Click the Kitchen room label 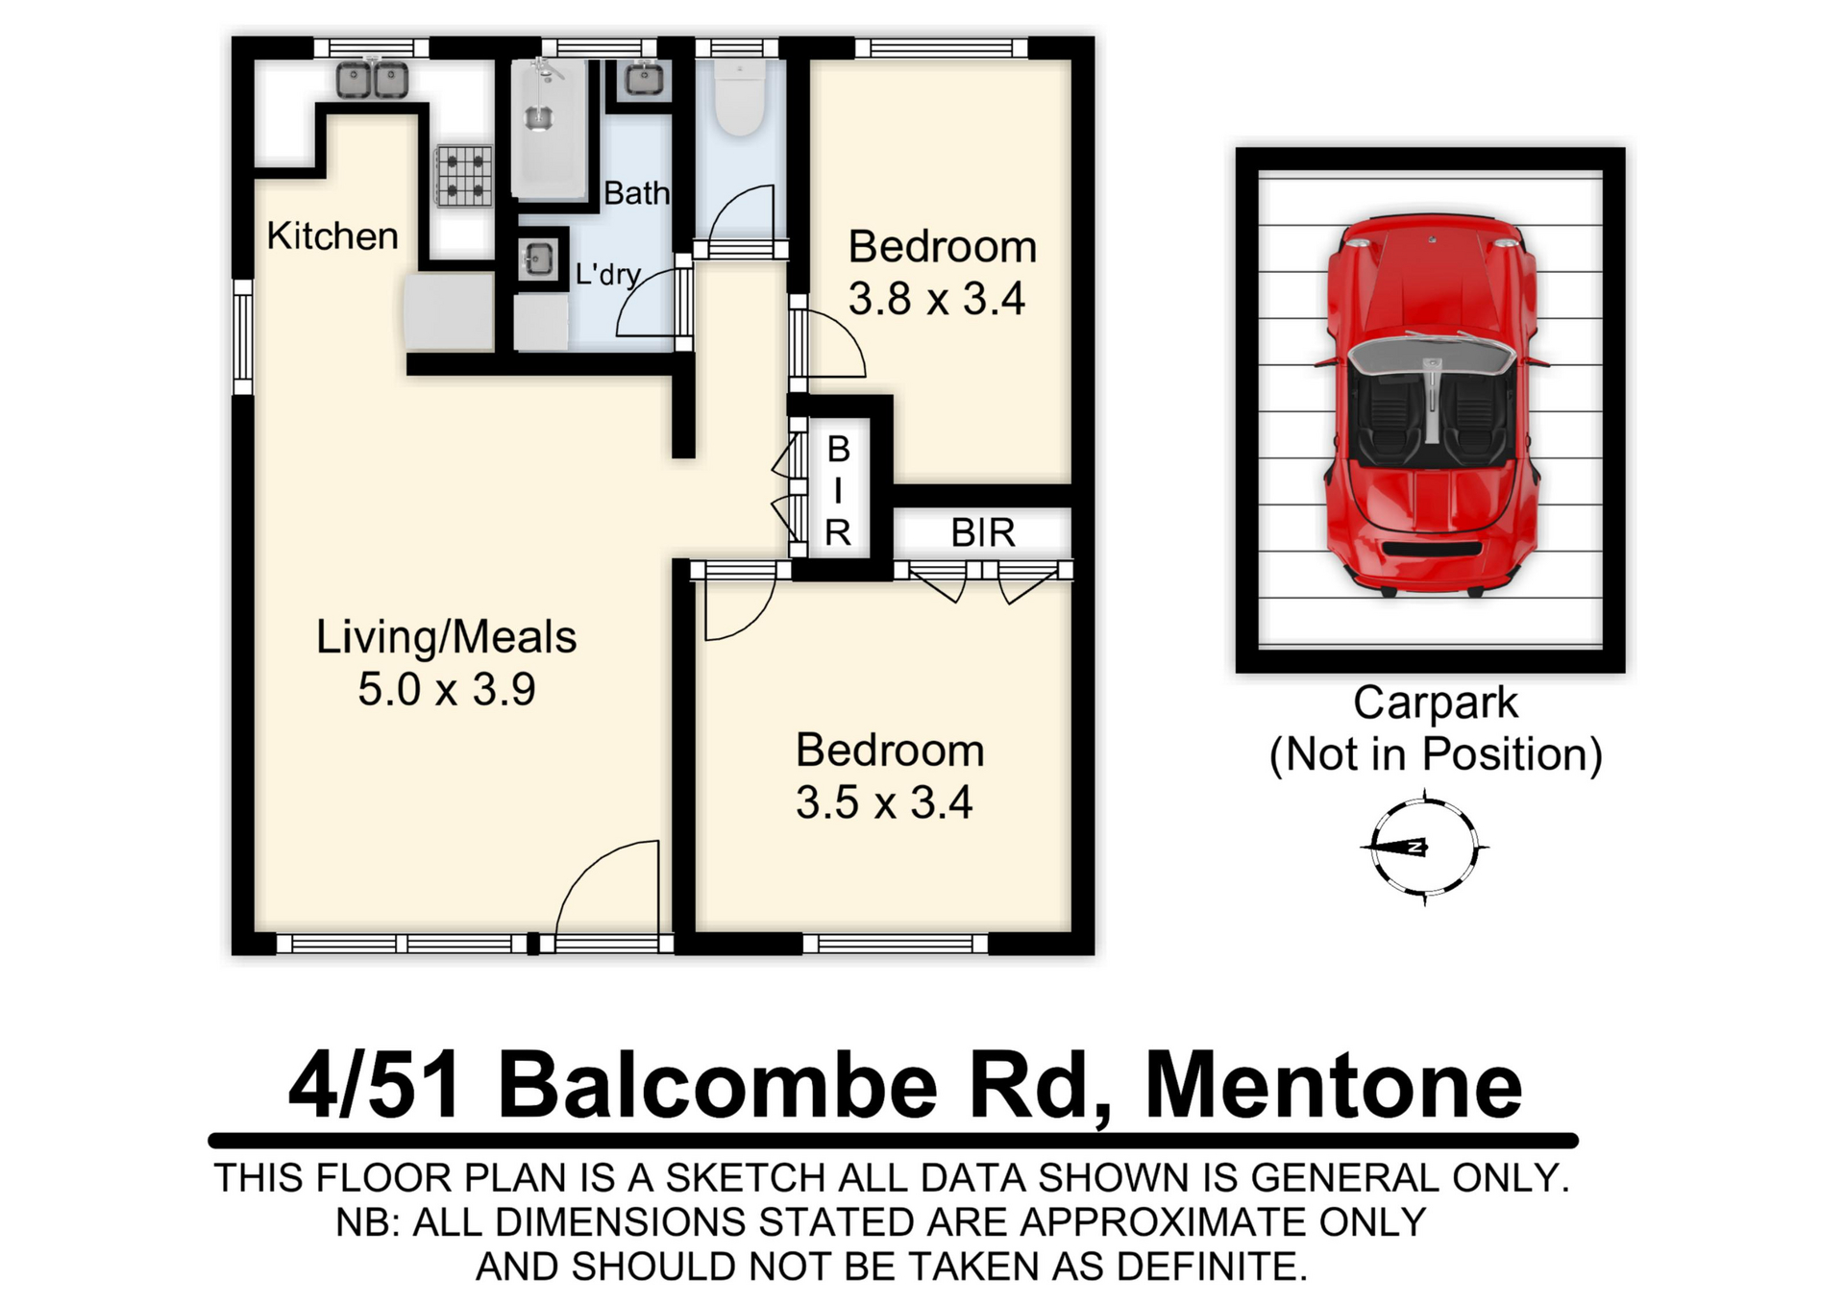coord(332,235)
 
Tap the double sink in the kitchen coord(373,79)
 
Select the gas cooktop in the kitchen coord(463,175)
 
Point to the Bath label coord(636,193)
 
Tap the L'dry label coord(607,275)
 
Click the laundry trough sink coord(538,259)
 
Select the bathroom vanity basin coord(643,79)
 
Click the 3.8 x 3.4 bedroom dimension coord(937,299)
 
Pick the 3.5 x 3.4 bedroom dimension coord(884,802)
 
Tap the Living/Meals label coord(447,637)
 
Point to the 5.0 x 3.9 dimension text coord(447,689)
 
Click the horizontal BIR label coord(983,532)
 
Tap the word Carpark coord(1436,703)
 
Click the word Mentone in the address coord(1334,1086)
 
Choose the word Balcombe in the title coord(718,1086)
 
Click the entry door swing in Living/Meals coord(608,886)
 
